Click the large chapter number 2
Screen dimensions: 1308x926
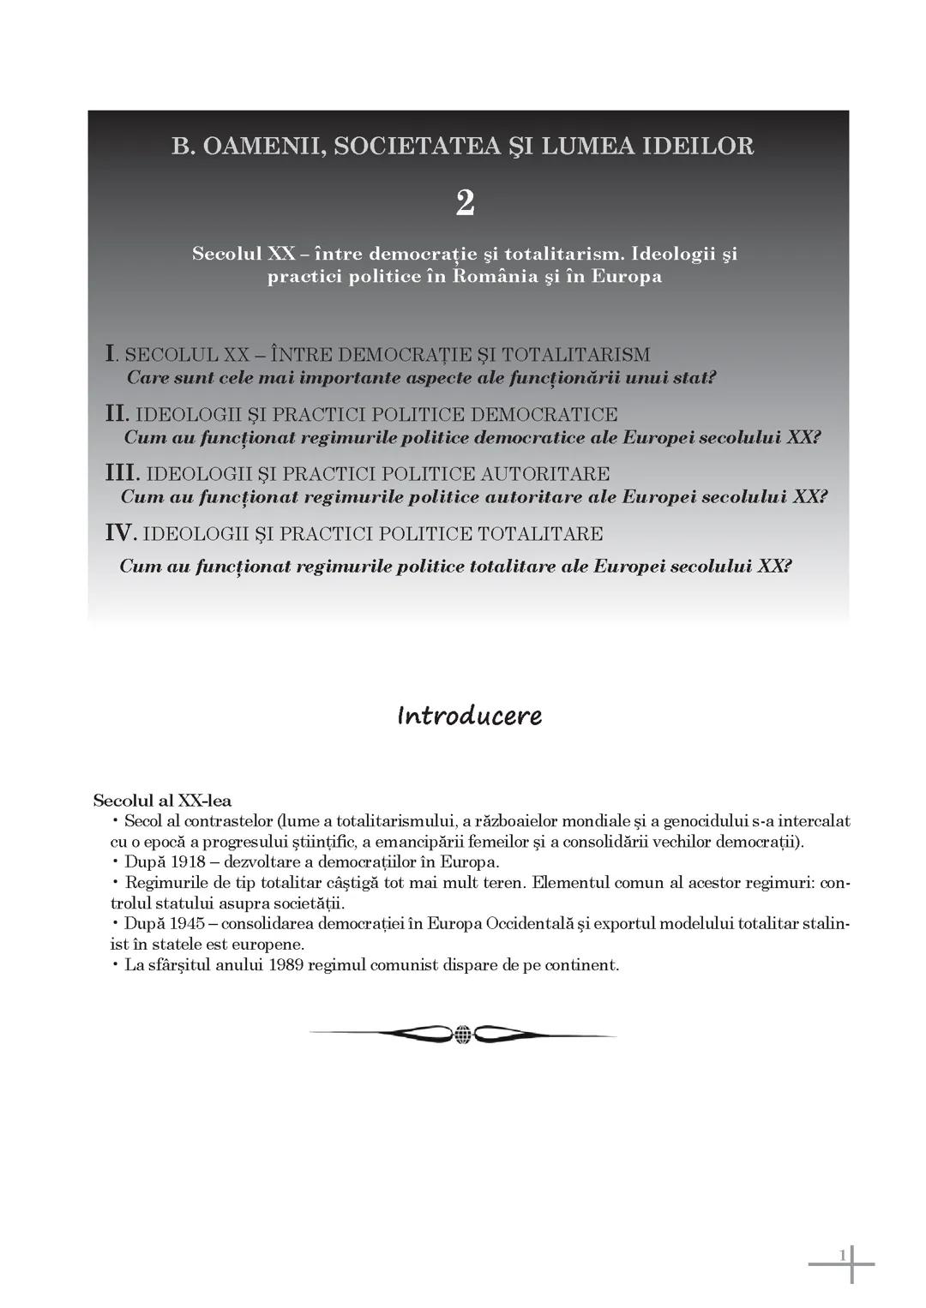465,203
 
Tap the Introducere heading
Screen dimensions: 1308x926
469,716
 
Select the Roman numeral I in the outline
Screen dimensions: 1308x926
110,353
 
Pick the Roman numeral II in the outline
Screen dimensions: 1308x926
117,413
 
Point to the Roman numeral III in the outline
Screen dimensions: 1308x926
122,473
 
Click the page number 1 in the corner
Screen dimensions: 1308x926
842,1256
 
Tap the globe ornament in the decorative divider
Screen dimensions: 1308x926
462,1035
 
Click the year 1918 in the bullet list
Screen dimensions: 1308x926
188,862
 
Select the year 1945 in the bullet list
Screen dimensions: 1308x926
188,924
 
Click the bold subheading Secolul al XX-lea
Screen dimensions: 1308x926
162,801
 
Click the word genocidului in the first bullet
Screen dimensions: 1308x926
701,821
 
